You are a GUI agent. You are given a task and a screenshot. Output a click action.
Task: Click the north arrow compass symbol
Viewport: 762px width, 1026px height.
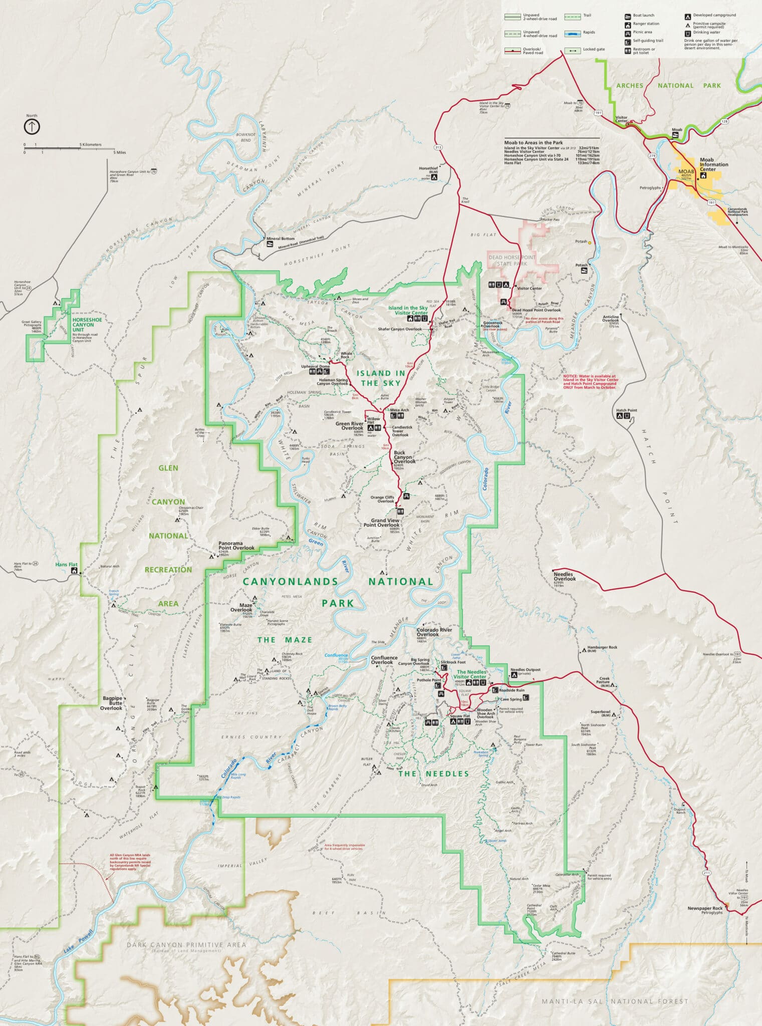coord(32,126)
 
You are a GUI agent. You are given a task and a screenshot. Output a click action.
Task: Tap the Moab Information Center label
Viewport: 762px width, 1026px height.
coord(713,165)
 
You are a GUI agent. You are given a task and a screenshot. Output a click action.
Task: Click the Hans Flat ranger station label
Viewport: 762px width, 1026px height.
coord(66,565)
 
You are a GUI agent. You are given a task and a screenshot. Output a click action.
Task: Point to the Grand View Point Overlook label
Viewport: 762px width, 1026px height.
coord(385,523)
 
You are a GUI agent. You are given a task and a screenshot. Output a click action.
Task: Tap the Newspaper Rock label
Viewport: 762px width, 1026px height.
coord(705,908)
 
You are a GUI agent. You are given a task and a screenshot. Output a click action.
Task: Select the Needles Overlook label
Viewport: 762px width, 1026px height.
coord(564,576)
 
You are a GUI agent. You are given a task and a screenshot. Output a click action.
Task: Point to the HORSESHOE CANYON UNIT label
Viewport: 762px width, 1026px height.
coord(87,325)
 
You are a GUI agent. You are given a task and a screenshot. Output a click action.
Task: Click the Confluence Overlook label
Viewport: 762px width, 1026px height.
coord(384,660)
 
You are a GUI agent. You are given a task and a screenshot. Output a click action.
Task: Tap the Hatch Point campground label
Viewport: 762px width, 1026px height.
coord(626,410)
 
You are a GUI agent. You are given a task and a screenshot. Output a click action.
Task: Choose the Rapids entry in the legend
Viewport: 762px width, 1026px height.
coord(589,33)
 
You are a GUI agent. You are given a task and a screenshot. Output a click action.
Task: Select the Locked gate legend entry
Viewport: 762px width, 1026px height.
coord(594,50)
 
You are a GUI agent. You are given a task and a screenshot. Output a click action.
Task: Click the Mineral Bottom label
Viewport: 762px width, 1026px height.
coord(280,238)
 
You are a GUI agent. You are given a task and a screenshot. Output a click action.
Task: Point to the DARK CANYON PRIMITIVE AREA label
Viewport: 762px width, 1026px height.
coord(186,945)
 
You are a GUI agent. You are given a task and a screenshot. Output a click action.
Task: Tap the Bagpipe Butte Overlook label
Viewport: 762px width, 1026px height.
coord(111,702)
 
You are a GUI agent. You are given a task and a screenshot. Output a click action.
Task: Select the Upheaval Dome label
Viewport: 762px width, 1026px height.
coord(316,366)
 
